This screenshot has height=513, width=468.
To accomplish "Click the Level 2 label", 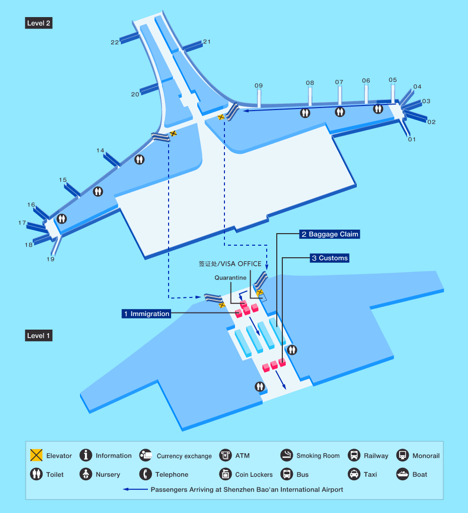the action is point(39,23).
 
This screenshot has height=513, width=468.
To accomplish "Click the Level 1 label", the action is point(39,335).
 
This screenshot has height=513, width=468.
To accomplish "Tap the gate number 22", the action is point(115,42).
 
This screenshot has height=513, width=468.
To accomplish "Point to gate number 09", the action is point(259,86).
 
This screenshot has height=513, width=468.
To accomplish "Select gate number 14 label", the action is point(100,151).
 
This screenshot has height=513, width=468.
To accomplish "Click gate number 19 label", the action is point(50,259).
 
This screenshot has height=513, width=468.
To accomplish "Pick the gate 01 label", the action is point(412,139).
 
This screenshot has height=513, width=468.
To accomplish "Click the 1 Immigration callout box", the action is point(146,314).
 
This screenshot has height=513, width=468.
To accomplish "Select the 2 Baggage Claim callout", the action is point(330,234).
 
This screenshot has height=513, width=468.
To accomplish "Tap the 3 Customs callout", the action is point(330,258).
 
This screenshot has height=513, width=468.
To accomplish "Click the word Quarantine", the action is point(230,278).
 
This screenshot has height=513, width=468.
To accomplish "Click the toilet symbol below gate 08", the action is point(305,113).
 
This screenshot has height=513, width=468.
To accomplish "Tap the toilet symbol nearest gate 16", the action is point(61,219).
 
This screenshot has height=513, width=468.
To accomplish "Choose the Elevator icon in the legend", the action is point(36,455).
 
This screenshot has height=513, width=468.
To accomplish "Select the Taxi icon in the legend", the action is point(354,474).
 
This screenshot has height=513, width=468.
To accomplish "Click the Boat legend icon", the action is point(403,474).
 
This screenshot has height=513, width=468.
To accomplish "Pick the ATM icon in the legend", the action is point(225,455).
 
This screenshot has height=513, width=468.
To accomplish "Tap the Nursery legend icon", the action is point(86,474).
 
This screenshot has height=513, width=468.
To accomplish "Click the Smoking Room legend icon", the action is point(287,455).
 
